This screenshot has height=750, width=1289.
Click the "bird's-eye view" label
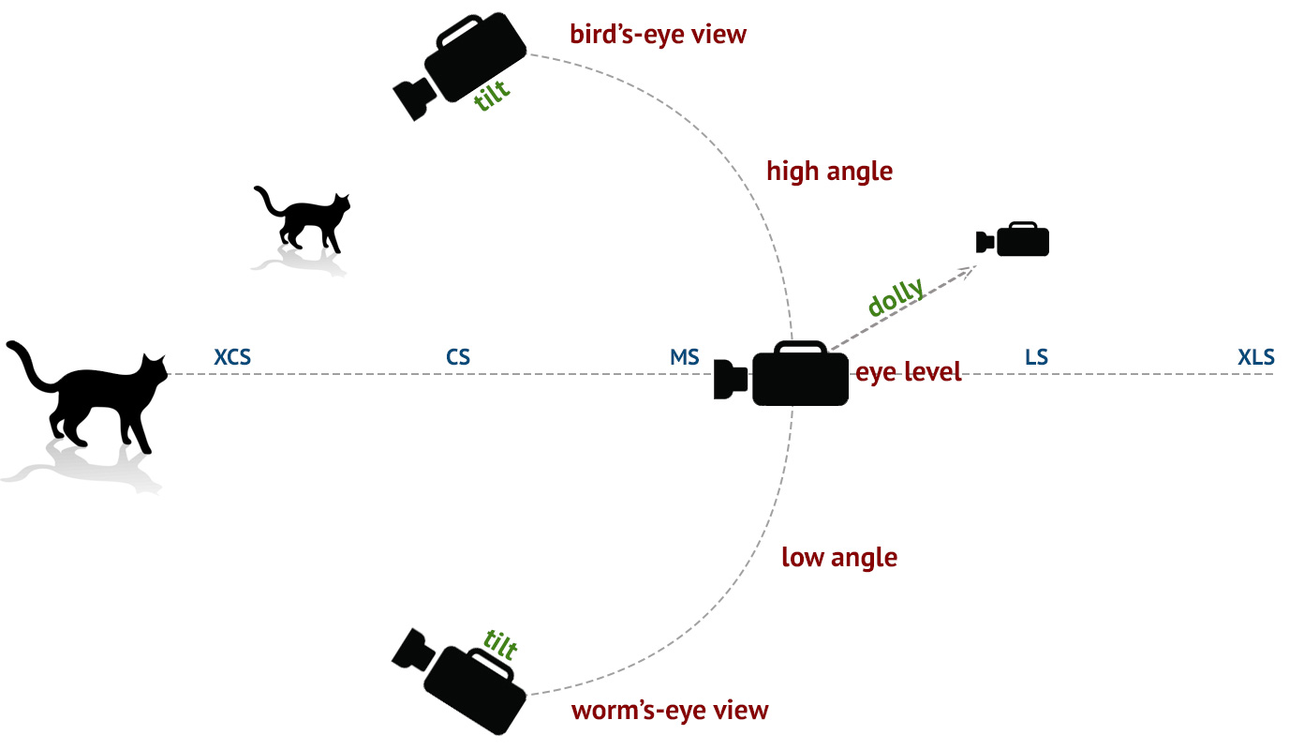[x=658, y=35]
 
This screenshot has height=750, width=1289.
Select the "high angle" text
[x=829, y=172]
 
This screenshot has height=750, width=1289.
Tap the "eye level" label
[x=908, y=372]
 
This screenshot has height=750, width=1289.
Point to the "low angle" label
[x=838, y=558]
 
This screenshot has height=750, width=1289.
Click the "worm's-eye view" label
[x=669, y=711]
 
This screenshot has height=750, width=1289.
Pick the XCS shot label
[x=232, y=357]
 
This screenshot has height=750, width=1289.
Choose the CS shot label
[x=458, y=357]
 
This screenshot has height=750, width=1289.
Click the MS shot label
[x=684, y=357]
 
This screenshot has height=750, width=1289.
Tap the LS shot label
[x=1036, y=357]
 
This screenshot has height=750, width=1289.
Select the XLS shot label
[x=1256, y=357]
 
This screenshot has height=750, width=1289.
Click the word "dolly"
[x=896, y=298]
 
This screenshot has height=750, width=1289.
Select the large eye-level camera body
[x=799, y=377]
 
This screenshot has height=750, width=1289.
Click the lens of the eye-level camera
[x=729, y=379]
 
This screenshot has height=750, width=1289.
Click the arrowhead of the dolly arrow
[x=970, y=270]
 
